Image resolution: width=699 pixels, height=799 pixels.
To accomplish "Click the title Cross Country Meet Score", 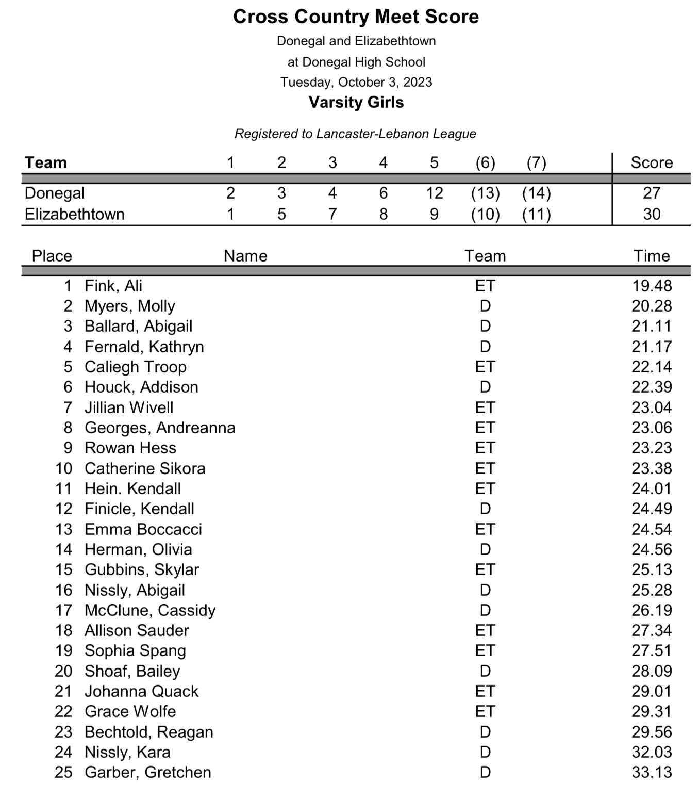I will tap(356, 17).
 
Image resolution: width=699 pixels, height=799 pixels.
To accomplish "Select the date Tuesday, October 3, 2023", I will tap(356, 82).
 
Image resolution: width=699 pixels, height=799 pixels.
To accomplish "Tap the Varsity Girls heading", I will tap(356, 102).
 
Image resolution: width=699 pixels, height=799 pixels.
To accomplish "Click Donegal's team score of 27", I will tap(652, 193).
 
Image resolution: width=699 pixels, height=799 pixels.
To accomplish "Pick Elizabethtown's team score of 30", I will tap(652, 214).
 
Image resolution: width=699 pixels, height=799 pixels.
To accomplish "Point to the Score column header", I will tap(652, 162).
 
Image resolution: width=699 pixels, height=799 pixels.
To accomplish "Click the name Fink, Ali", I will tap(113, 286).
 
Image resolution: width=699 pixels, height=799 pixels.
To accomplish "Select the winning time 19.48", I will tap(652, 286).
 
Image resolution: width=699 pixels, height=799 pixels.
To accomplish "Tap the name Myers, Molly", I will tap(130, 306).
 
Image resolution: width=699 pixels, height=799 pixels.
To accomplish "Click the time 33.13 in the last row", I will tap(652, 772).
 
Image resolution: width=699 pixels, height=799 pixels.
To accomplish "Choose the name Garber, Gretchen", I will tap(148, 772).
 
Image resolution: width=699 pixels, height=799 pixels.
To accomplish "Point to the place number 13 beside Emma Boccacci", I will tap(64, 529).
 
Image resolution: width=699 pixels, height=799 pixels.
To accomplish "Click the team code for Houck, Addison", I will tap(485, 387).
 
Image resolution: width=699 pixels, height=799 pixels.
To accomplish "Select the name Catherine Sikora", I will tap(145, 468).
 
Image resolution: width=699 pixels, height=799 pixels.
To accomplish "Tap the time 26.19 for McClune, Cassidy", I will tap(652, 610).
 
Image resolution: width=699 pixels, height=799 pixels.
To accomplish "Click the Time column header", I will tap(652, 256).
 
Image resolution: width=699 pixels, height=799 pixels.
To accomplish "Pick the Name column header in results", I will tap(245, 256).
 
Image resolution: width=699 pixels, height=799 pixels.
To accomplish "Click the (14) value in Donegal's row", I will tap(536, 193).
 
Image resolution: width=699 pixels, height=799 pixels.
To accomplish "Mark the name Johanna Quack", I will tap(141, 691).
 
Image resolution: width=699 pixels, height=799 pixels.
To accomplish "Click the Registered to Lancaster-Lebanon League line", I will tap(355, 134).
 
